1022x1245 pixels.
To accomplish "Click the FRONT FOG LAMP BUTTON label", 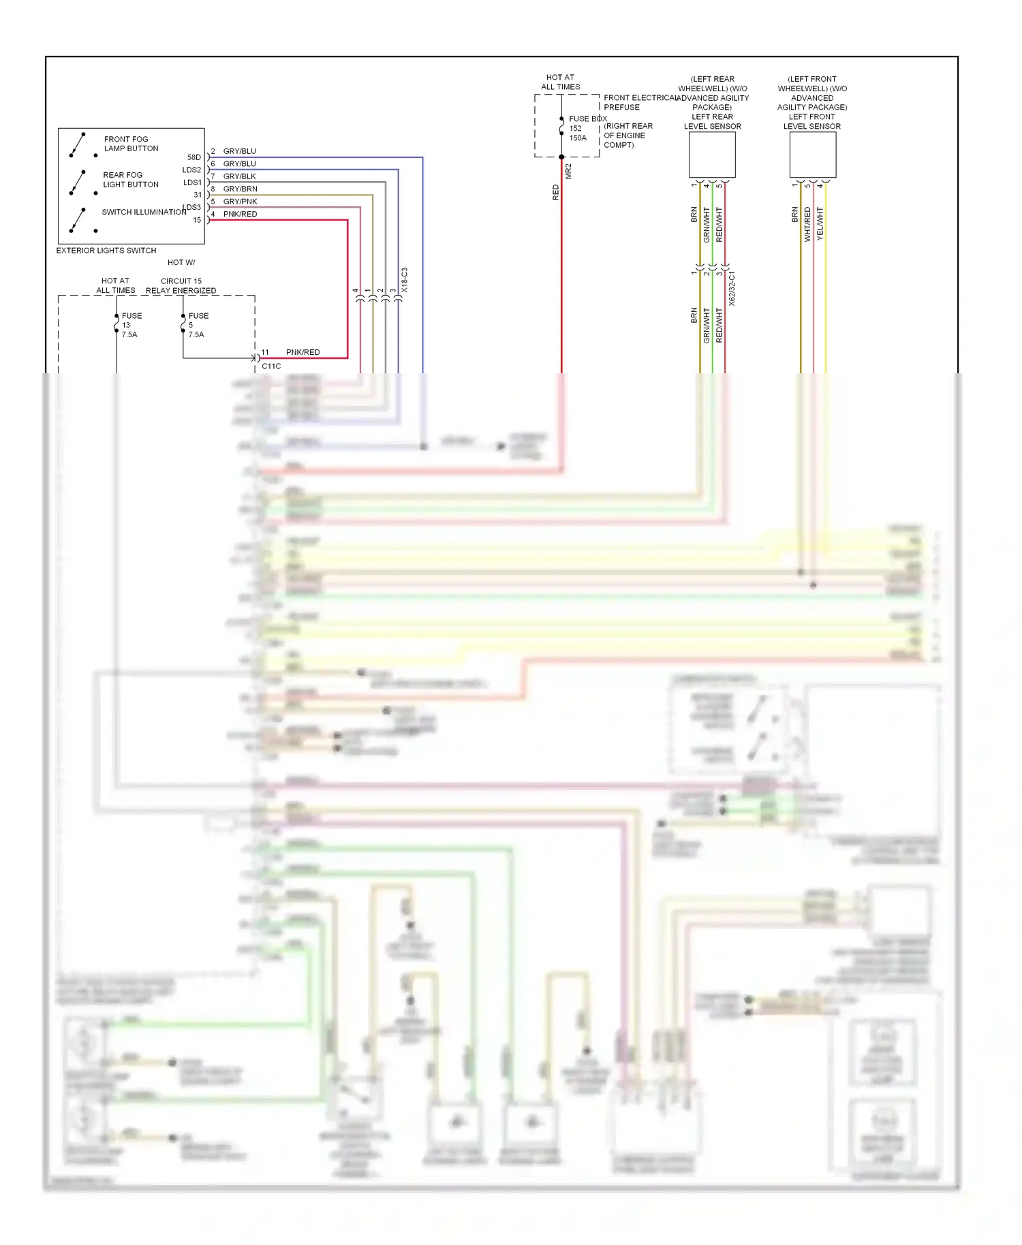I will coord(131,144).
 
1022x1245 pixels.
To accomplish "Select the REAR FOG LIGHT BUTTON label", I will coord(130,180).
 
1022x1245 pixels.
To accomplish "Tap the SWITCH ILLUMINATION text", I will coord(144,212).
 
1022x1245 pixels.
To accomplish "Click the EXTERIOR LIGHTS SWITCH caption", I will coord(106,251).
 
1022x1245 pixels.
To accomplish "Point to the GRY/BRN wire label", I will coord(240,189).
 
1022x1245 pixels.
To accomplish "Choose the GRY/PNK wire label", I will coord(240,202).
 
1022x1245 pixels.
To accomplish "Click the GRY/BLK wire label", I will coord(239,176).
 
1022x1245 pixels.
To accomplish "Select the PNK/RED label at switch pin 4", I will coord(240,214).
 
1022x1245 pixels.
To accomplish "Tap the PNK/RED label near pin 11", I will coord(303,352).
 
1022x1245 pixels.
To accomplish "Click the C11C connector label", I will coord(271,366).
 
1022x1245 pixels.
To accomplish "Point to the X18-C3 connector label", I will coord(404,280).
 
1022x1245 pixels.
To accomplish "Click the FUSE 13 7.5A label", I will coord(131,325).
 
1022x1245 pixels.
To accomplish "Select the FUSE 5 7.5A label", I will coord(198,325).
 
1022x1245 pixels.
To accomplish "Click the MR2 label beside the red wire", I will coord(568,171).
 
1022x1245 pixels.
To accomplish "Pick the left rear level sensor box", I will coord(712,155).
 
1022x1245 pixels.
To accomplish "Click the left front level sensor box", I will coord(812,155).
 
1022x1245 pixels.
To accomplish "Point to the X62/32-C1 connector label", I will coord(732,288).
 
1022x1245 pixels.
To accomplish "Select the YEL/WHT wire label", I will coord(820,223).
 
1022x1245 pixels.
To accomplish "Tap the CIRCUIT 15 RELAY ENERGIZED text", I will coord(181,285).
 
